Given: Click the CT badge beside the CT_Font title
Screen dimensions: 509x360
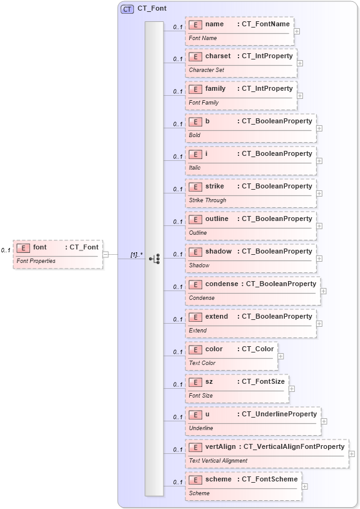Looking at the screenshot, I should click(x=127, y=9).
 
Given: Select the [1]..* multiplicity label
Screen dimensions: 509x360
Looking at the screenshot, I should click(x=136, y=255).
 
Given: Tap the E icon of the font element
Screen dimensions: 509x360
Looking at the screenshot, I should click(x=23, y=247).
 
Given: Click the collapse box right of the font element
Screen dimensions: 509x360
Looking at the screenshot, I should click(x=106, y=254).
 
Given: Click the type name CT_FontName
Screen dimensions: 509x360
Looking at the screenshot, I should click(x=265, y=24).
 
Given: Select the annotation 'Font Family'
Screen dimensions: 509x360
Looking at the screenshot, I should click(x=203, y=103).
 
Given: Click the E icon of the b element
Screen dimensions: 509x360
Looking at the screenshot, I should click(x=195, y=121).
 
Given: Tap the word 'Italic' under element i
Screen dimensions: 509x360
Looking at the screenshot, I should click(x=195, y=168).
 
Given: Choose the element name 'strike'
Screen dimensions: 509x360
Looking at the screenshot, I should click(x=214, y=187).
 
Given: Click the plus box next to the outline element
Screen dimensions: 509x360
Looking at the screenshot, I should click(x=319, y=226).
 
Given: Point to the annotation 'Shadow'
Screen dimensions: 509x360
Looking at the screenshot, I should click(x=199, y=265).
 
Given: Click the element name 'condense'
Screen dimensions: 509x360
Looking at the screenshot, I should click(x=222, y=284).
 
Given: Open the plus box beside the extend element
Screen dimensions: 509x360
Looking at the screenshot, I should click(x=319, y=324).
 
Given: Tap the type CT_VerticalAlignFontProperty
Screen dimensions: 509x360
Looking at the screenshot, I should click(x=294, y=447).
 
